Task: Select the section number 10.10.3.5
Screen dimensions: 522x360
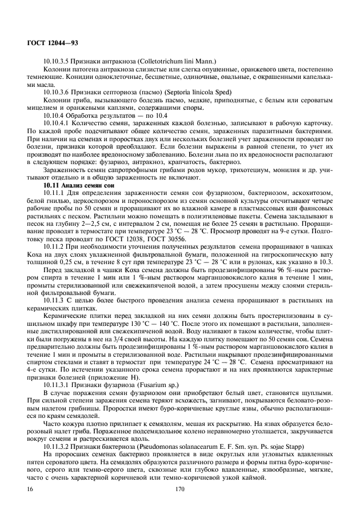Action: (59, 61)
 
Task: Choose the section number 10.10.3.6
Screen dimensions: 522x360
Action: (59, 91)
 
